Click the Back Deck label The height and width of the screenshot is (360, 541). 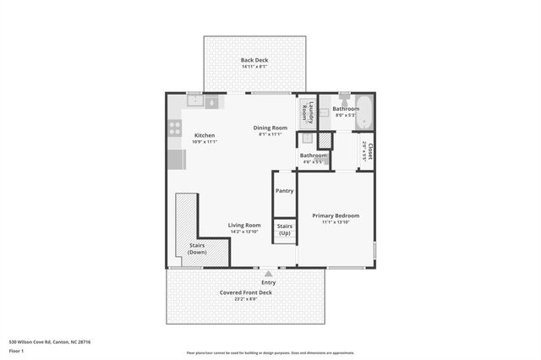[x=253, y=60]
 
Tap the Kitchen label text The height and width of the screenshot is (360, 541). [x=205, y=135]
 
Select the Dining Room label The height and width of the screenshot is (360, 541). [x=270, y=128]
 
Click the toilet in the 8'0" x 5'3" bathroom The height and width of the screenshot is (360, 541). [x=345, y=100]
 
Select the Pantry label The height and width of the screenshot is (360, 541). [x=284, y=191]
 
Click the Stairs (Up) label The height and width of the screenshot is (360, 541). [x=284, y=229]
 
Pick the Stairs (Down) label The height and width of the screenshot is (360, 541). [x=197, y=249]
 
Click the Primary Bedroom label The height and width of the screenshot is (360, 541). [x=336, y=215]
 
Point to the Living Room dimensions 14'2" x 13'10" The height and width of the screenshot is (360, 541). [x=243, y=232]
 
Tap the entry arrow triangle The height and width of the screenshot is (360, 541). [x=268, y=273]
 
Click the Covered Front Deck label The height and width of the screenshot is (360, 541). [x=246, y=292]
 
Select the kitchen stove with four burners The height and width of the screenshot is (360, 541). [x=175, y=128]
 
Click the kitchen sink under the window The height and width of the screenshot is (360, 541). [x=194, y=102]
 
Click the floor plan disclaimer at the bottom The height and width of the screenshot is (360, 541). [x=270, y=353]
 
